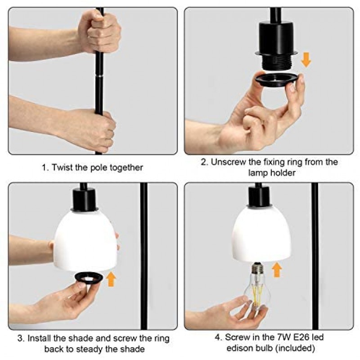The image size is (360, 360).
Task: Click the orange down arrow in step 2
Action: [306, 60]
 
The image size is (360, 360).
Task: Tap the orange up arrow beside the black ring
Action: [111, 279]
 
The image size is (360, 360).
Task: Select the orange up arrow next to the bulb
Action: [277, 270]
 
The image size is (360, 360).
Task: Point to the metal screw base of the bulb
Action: [257, 267]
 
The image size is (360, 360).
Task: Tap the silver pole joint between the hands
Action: [99, 76]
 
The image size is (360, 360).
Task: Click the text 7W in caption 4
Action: [283, 337]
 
